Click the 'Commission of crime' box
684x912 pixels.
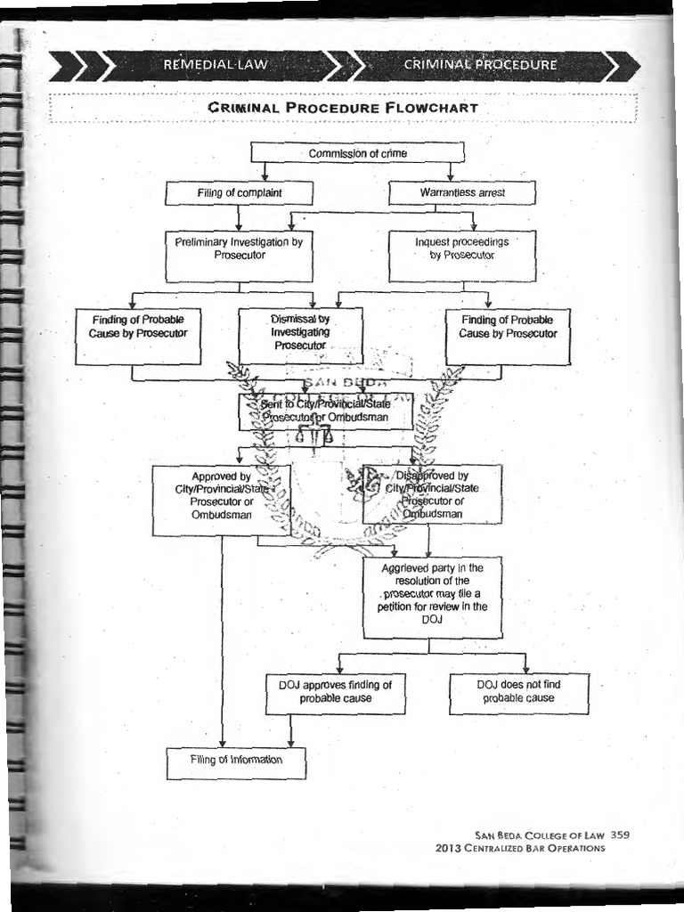click(357, 153)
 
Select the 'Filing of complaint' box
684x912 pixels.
click(239, 193)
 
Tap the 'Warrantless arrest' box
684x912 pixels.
click(461, 192)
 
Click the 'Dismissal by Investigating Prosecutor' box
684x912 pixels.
click(300, 335)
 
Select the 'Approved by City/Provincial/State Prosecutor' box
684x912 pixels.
click(221, 500)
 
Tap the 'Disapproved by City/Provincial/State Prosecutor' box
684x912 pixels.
click(432, 494)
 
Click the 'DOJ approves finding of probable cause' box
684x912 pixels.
click(335, 694)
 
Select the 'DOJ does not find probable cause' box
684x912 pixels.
click(518, 693)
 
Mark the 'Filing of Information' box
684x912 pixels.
click(236, 762)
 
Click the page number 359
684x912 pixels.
click(621, 835)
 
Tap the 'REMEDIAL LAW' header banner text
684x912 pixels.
click(214, 65)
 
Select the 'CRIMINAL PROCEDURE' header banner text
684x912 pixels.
click(480, 65)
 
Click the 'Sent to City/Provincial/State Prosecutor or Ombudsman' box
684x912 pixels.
click(325, 411)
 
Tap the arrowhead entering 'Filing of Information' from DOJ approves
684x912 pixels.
click(290, 744)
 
